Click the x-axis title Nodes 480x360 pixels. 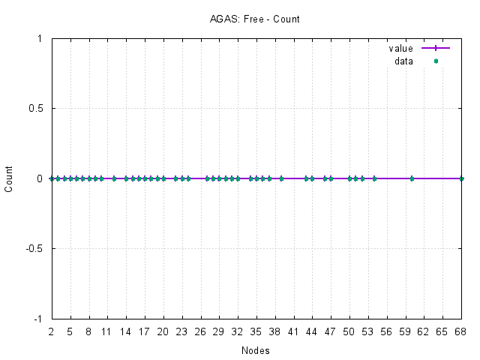256,350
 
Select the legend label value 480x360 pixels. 400,48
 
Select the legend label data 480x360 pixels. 403,61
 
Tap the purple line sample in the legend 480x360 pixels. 436,48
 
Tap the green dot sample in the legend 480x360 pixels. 436,61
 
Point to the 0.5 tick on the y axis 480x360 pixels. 34,108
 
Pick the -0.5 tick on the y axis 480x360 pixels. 33,248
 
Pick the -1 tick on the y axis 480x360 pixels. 37,319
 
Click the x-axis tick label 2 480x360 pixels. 52,331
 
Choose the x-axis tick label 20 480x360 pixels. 163,331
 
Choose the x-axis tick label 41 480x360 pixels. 294,331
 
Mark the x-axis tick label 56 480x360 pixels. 387,331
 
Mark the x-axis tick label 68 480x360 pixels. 461,331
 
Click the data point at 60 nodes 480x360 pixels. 412,178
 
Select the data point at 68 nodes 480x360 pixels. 461,178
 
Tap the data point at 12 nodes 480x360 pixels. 114,178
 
